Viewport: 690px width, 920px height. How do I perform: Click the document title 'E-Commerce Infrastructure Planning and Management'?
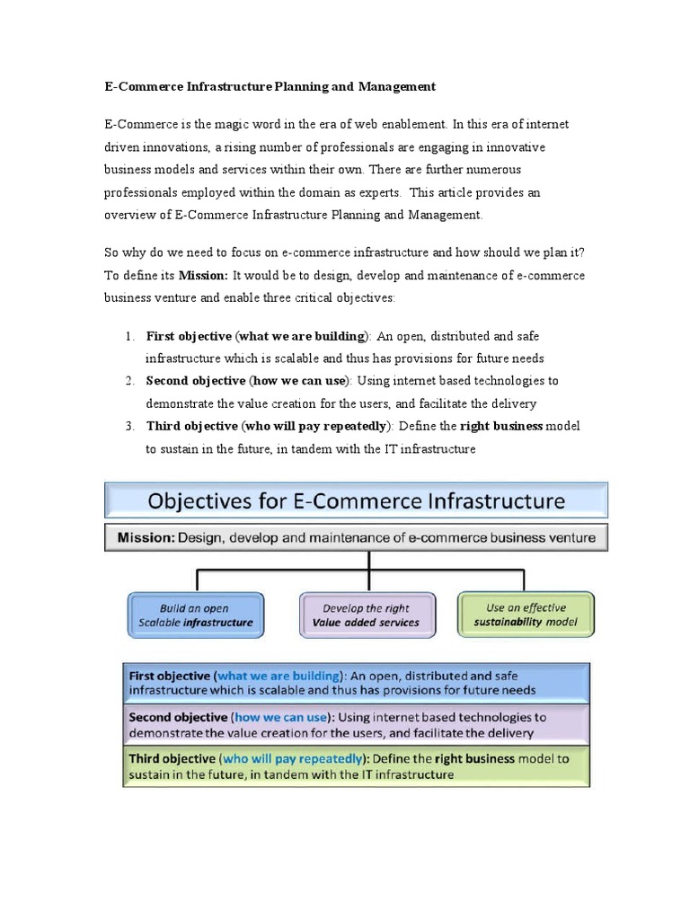pyautogui.click(x=270, y=86)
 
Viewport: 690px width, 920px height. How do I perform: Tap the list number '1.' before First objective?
pyautogui.click(x=130, y=336)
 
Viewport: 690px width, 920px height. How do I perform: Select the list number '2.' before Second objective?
pyautogui.click(x=130, y=381)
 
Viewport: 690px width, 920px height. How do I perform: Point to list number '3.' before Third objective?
pyautogui.click(x=130, y=426)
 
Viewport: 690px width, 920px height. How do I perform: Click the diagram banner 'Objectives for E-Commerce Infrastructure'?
pyautogui.click(x=357, y=500)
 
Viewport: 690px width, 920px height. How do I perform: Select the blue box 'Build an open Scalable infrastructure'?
pyautogui.click(x=196, y=615)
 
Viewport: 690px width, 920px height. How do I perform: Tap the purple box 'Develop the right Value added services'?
pyautogui.click(x=366, y=615)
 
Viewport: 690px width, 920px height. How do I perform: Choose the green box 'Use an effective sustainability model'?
pyautogui.click(x=526, y=615)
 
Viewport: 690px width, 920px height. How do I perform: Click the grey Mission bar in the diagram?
pyautogui.click(x=357, y=538)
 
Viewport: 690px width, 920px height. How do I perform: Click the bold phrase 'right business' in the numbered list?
pyautogui.click(x=501, y=426)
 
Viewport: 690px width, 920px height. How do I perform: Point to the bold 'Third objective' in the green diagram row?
pyautogui.click(x=172, y=758)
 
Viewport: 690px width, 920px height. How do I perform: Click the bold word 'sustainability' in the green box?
pyautogui.click(x=511, y=622)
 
